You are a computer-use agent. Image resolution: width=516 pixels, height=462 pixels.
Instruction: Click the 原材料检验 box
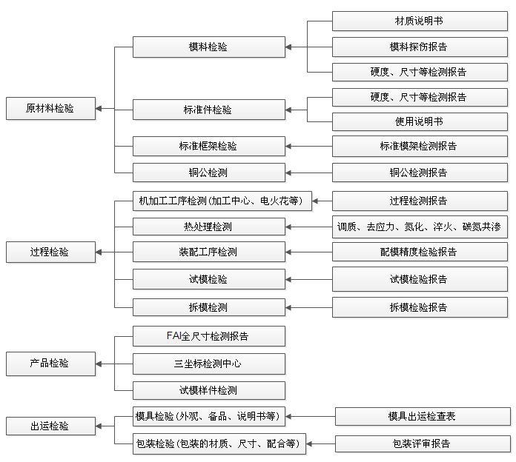pos(50,108)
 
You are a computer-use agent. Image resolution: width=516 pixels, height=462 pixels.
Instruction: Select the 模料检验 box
pos(209,47)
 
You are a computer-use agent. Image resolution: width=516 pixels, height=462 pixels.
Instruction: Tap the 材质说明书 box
pos(420,21)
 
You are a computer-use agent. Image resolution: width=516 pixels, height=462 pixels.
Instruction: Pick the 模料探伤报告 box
pos(420,47)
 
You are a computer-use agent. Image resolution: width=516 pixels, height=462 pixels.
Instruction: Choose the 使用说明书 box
pos(420,122)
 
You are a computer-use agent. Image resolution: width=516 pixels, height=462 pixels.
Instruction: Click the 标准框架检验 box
pos(209,146)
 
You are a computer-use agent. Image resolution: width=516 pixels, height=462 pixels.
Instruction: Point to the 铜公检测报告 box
pos(420,173)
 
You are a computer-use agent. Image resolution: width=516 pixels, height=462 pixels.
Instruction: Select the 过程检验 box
pos(50,252)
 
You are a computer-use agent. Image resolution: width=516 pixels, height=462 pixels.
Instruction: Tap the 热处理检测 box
pos(209,227)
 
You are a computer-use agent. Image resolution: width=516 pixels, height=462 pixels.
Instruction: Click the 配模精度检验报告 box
pos(420,252)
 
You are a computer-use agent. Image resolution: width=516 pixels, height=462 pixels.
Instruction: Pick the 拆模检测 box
pos(209,307)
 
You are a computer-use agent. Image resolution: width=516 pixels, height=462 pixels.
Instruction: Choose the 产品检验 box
pos(50,364)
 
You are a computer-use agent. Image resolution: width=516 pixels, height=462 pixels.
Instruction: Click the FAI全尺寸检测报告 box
pos(209,336)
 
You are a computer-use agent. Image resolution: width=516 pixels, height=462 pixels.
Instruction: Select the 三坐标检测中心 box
pos(209,364)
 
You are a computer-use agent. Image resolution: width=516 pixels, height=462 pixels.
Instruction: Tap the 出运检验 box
pos(50,426)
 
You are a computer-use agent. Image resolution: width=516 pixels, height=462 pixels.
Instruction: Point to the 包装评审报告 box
pos(423,444)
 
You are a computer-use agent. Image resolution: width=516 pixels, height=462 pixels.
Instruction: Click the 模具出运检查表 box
pos(423,417)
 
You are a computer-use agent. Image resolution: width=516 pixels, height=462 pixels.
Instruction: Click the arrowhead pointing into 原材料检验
pos(99,108)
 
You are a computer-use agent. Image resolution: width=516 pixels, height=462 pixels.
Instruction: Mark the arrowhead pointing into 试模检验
pos(288,280)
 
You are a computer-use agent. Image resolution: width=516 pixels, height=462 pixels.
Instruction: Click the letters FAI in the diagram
pos(173,336)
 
